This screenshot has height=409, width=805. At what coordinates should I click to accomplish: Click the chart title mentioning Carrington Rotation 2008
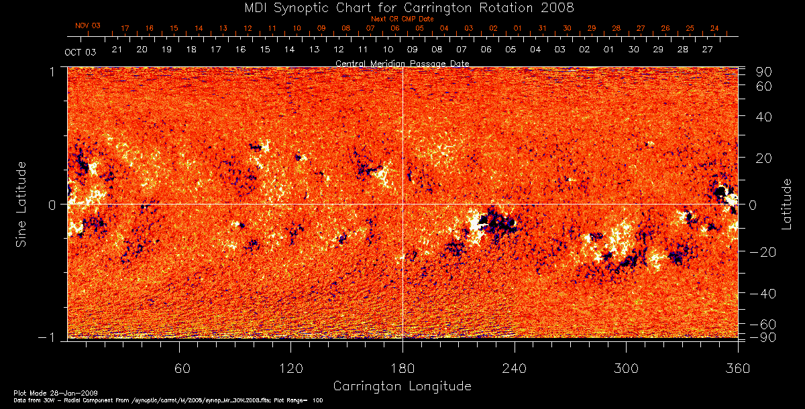402,7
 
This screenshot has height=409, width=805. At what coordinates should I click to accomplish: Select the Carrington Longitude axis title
402,386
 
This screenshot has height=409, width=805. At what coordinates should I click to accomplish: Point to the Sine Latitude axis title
21,204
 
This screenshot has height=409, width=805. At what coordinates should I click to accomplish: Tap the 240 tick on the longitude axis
515,368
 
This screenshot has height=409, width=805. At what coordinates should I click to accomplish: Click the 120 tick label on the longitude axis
290,368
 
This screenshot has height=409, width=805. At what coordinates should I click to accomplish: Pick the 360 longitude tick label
737,368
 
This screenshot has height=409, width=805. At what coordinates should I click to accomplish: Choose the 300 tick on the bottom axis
626,368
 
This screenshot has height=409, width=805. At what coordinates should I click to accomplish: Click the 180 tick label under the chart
402,368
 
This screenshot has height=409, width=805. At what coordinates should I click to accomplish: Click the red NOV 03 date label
88,25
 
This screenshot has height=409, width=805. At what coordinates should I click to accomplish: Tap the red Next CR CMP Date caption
402,19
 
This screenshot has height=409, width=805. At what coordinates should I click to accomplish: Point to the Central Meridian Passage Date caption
402,63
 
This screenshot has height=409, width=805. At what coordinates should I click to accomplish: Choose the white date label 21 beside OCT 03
117,50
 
